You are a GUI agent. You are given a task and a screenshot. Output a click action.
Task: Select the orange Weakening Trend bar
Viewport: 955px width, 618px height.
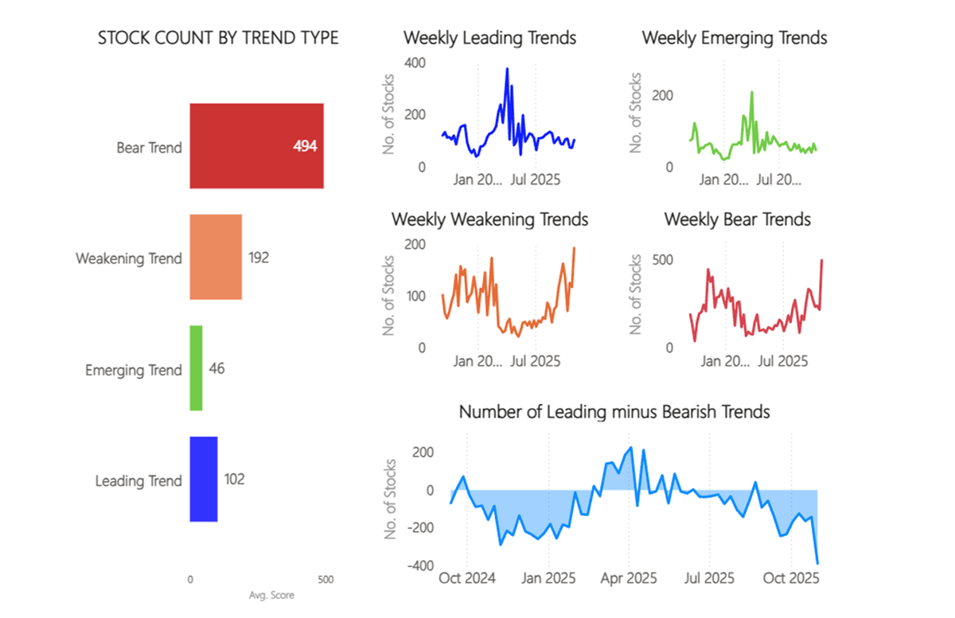pos(215,258)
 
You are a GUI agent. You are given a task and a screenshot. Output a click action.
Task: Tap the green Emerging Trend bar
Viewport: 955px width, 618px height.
pos(196,369)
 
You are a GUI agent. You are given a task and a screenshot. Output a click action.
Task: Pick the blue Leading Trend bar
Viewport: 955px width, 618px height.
pos(203,480)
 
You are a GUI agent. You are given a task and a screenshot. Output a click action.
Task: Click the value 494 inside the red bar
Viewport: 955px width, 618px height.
pos(306,147)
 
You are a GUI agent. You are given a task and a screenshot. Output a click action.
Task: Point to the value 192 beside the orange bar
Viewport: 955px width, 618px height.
pos(259,258)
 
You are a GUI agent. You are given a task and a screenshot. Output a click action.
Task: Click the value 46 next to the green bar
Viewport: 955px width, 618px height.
pos(216,369)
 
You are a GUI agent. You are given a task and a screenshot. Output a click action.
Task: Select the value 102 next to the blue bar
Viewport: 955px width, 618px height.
pos(234,480)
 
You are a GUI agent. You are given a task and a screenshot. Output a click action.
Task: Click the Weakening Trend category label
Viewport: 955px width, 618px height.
pos(129,258)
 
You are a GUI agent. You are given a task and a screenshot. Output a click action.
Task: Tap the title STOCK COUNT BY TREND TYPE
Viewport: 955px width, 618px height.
pos(218,38)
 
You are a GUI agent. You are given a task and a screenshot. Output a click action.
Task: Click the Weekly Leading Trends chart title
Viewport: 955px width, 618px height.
pos(489,37)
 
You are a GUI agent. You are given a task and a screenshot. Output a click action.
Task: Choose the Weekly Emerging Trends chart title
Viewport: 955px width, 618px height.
pos(734,37)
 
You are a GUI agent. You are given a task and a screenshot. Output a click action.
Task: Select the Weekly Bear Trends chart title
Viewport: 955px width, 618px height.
pos(737,219)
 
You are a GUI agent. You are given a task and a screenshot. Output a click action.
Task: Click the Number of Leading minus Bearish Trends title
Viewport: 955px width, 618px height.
pos(614,412)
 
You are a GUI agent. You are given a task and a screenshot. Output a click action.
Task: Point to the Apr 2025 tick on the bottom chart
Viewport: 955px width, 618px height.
pos(628,578)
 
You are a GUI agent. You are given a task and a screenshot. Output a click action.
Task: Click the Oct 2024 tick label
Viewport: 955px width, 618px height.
pos(467,578)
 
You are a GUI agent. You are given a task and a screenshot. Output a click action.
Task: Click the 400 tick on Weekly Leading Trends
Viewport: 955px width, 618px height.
pos(415,63)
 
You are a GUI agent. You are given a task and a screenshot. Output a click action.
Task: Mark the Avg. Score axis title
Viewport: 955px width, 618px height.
pos(272,595)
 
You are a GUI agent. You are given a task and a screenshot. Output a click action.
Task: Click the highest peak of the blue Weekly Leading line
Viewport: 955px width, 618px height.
pos(507,69)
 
